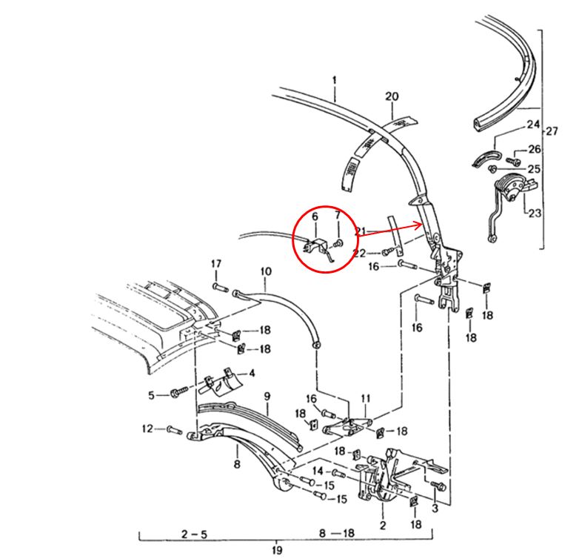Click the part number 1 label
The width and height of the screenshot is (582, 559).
coord(334,79)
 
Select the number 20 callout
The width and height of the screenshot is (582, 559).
coord(392,97)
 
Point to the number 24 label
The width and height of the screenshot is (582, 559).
coord(533,124)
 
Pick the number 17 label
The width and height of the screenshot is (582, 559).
coord(216,265)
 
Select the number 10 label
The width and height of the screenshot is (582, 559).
coord(266,272)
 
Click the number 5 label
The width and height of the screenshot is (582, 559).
coord(152,396)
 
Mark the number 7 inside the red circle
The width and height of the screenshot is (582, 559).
coord(338,216)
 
